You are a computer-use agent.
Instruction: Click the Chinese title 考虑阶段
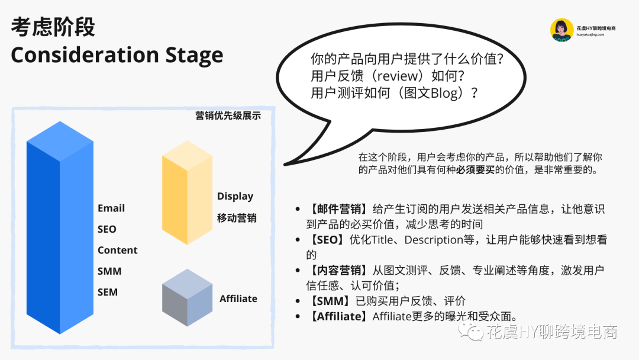pos(53,27)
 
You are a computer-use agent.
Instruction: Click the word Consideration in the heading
pos(85,54)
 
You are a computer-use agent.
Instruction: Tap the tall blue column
pos(60,227)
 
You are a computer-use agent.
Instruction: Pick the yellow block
pos(187,193)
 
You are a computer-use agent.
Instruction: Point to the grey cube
pos(187,298)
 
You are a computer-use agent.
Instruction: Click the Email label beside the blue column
pos(111,208)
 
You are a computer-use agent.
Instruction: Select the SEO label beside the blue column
pos(106,229)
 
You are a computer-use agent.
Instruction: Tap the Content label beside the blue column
pos(117,250)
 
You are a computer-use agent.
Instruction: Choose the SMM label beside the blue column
pos(109,271)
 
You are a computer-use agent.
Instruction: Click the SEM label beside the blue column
pos(108,292)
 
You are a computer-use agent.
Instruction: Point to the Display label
pos(235,197)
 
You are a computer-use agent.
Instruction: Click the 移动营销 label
pos(237,218)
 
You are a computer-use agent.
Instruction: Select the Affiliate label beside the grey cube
pos(238,299)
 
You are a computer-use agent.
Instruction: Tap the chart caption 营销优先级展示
pos(228,116)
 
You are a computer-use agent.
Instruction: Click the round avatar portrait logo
pos(562,30)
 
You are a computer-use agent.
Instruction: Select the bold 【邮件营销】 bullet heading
pos(339,209)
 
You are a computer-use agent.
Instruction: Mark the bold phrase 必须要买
pos(475,169)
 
